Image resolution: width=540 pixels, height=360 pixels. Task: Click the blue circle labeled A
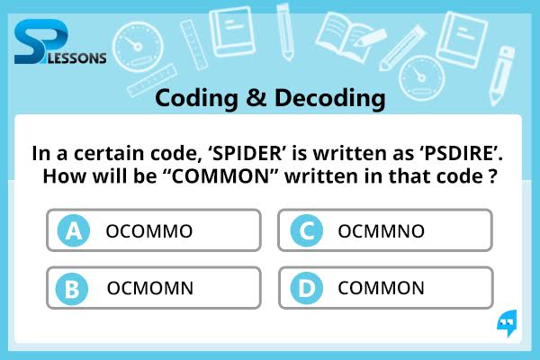tap(74, 230)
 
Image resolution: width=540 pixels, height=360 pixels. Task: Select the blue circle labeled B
tap(72, 289)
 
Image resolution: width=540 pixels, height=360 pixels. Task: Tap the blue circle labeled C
tap(307, 230)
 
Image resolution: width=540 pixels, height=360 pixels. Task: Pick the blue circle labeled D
tap(307, 288)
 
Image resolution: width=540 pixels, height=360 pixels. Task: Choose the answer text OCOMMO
tap(149, 231)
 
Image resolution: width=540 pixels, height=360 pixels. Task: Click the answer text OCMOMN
tap(150, 288)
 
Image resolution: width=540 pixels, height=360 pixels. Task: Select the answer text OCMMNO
tap(382, 231)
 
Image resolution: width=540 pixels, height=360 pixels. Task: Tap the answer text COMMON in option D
tap(381, 288)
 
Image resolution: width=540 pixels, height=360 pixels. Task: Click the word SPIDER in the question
tap(247, 153)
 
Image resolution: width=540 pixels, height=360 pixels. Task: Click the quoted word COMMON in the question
tap(220, 176)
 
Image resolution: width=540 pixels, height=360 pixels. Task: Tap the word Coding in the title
tap(196, 99)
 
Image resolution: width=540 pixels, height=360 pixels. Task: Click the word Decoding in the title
tap(330, 99)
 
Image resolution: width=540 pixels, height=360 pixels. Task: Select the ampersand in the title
tap(256, 98)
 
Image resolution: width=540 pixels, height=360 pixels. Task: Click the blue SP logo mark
tap(41, 41)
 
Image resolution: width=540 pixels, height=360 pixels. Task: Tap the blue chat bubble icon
tap(507, 323)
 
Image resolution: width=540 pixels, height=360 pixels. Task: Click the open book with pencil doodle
tap(349, 36)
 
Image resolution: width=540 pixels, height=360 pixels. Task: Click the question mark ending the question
tap(493, 176)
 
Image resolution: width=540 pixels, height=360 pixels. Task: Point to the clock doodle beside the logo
tap(138, 47)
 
